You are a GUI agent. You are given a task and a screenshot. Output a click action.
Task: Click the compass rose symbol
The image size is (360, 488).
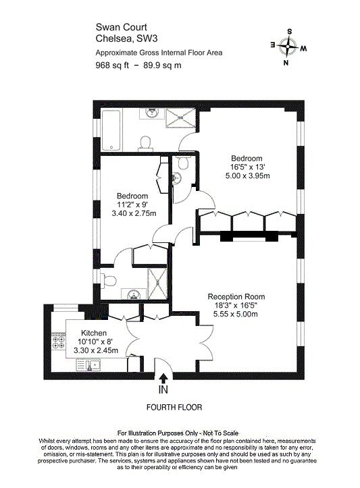pyautogui.click(x=288, y=47)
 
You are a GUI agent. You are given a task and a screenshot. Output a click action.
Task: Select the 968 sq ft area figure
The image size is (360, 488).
pyautogui.click(x=111, y=65)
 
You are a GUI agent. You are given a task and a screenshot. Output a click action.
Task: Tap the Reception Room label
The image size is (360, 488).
pyautogui.click(x=236, y=296)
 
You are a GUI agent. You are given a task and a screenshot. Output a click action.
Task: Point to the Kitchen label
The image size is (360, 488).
pyautogui.click(x=94, y=333)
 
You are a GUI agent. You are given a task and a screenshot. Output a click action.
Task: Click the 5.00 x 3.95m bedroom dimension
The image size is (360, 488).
pyautogui.click(x=248, y=175)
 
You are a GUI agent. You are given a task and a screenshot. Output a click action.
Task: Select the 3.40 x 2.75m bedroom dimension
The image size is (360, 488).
pyautogui.click(x=132, y=213)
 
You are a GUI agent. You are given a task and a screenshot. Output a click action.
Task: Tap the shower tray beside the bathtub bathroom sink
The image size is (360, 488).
pyautogui.click(x=180, y=120)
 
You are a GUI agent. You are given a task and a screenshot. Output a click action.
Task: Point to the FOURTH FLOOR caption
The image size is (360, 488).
pyautogui.click(x=174, y=408)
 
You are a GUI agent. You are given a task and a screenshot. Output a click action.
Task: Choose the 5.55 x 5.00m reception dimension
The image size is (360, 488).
pyautogui.click(x=236, y=314)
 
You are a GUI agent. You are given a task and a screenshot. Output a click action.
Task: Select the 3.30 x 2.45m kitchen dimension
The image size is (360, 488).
pyautogui.click(x=96, y=350)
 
